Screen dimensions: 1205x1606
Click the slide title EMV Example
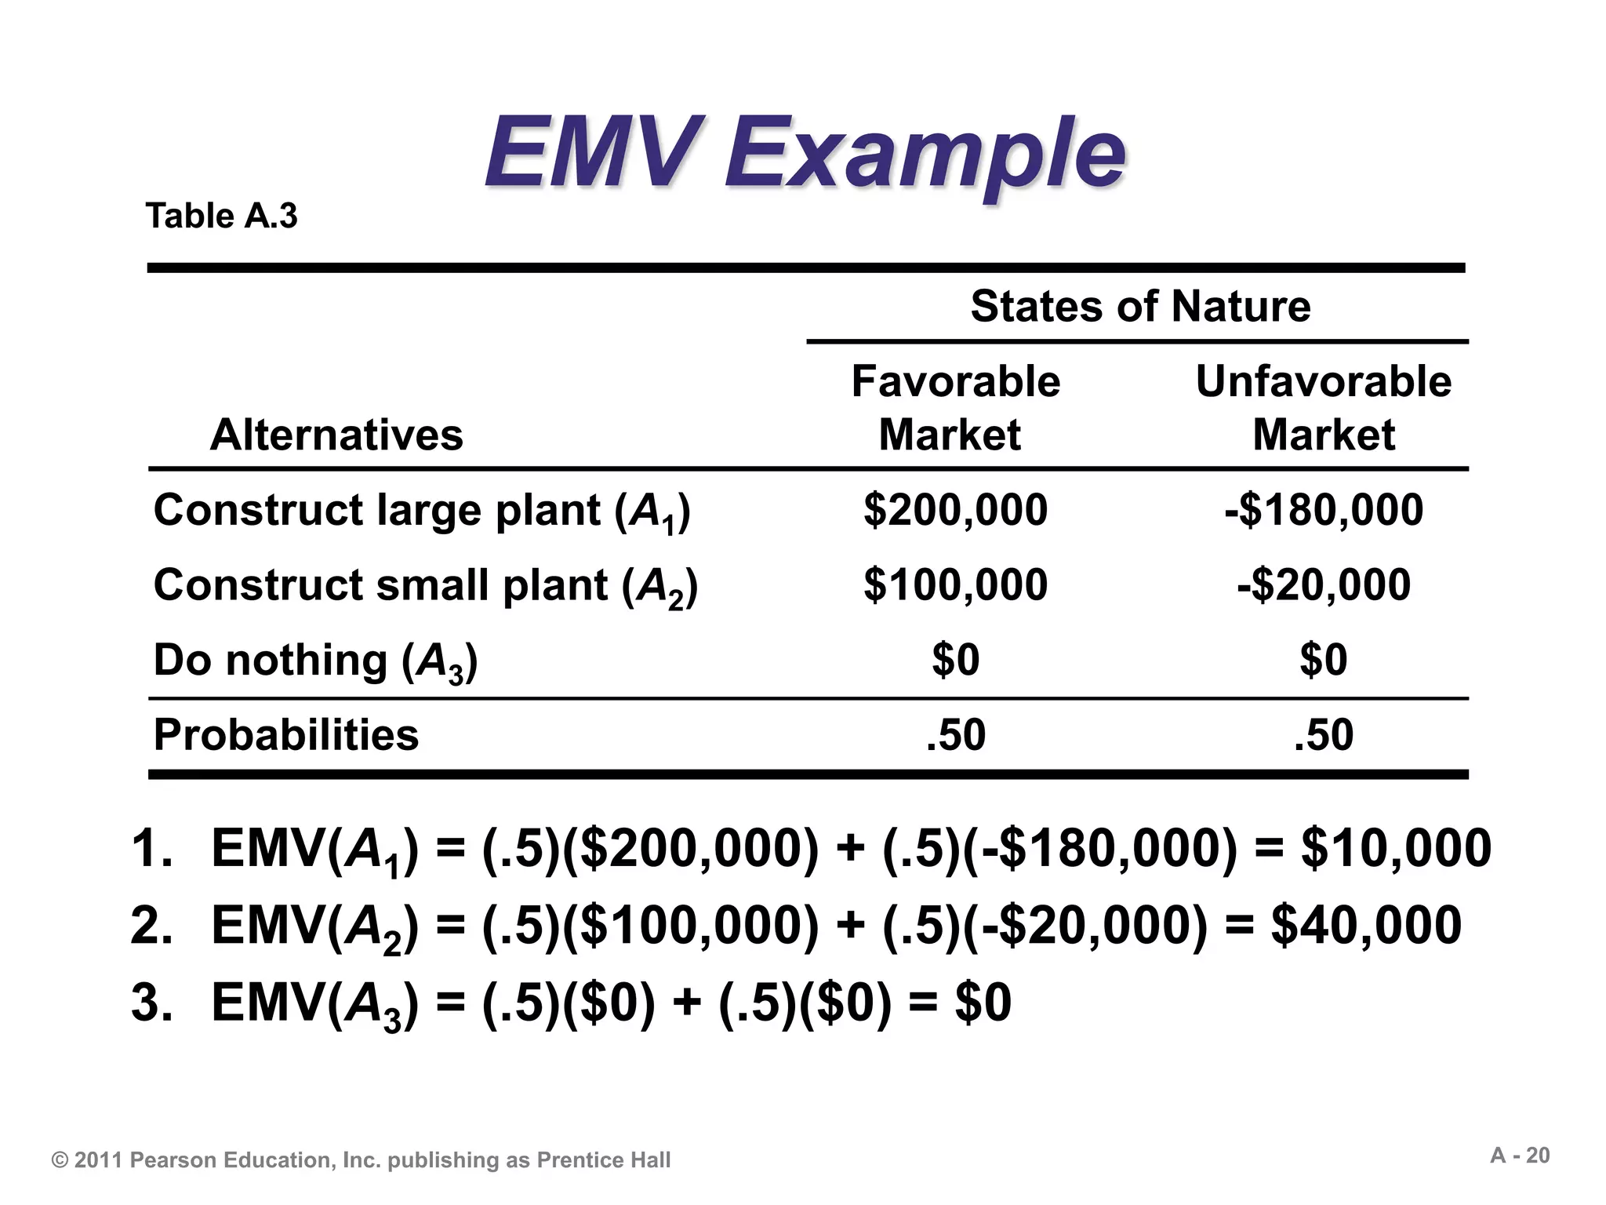point(805,153)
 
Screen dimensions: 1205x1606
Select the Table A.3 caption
point(222,216)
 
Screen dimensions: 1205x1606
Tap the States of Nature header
point(1140,305)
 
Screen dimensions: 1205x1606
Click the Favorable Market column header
point(955,408)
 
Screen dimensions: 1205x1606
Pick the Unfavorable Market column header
point(1324,408)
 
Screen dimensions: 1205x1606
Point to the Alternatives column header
point(336,435)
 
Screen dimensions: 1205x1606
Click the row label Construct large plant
point(422,511)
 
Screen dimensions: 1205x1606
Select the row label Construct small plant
point(425,586)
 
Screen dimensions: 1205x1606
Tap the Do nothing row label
point(315,661)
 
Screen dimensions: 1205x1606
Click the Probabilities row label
point(286,735)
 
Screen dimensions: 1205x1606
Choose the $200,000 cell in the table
point(955,510)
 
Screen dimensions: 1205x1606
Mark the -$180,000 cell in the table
point(1324,510)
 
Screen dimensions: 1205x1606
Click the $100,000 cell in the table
point(955,585)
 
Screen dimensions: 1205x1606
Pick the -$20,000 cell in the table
point(1324,585)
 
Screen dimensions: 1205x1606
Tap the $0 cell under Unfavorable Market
point(1324,660)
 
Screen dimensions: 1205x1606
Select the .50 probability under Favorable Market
point(955,735)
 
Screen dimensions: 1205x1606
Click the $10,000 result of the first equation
point(1396,848)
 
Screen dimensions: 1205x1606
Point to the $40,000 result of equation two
point(1366,925)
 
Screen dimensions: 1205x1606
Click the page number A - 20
point(1520,1156)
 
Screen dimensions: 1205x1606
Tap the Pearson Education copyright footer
point(361,1160)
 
